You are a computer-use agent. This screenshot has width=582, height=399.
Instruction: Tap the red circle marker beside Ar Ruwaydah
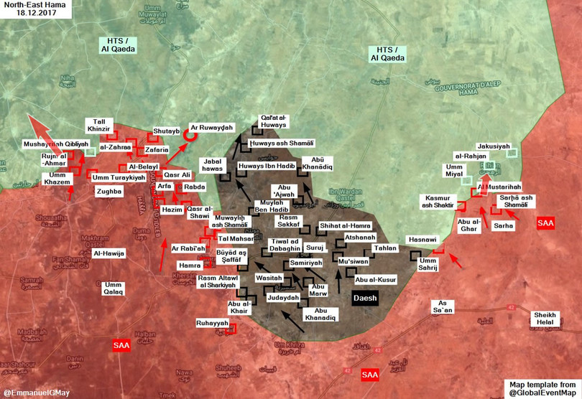coord(190,132)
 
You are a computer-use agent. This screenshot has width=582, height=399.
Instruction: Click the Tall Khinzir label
coord(99,125)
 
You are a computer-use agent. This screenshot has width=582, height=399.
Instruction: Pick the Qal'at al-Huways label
coord(272,122)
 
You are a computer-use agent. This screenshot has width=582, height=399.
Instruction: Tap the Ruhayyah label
coord(214,324)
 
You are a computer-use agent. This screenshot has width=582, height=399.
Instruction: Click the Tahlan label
coord(385,248)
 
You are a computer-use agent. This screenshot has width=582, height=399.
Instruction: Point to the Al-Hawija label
coord(108,253)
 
